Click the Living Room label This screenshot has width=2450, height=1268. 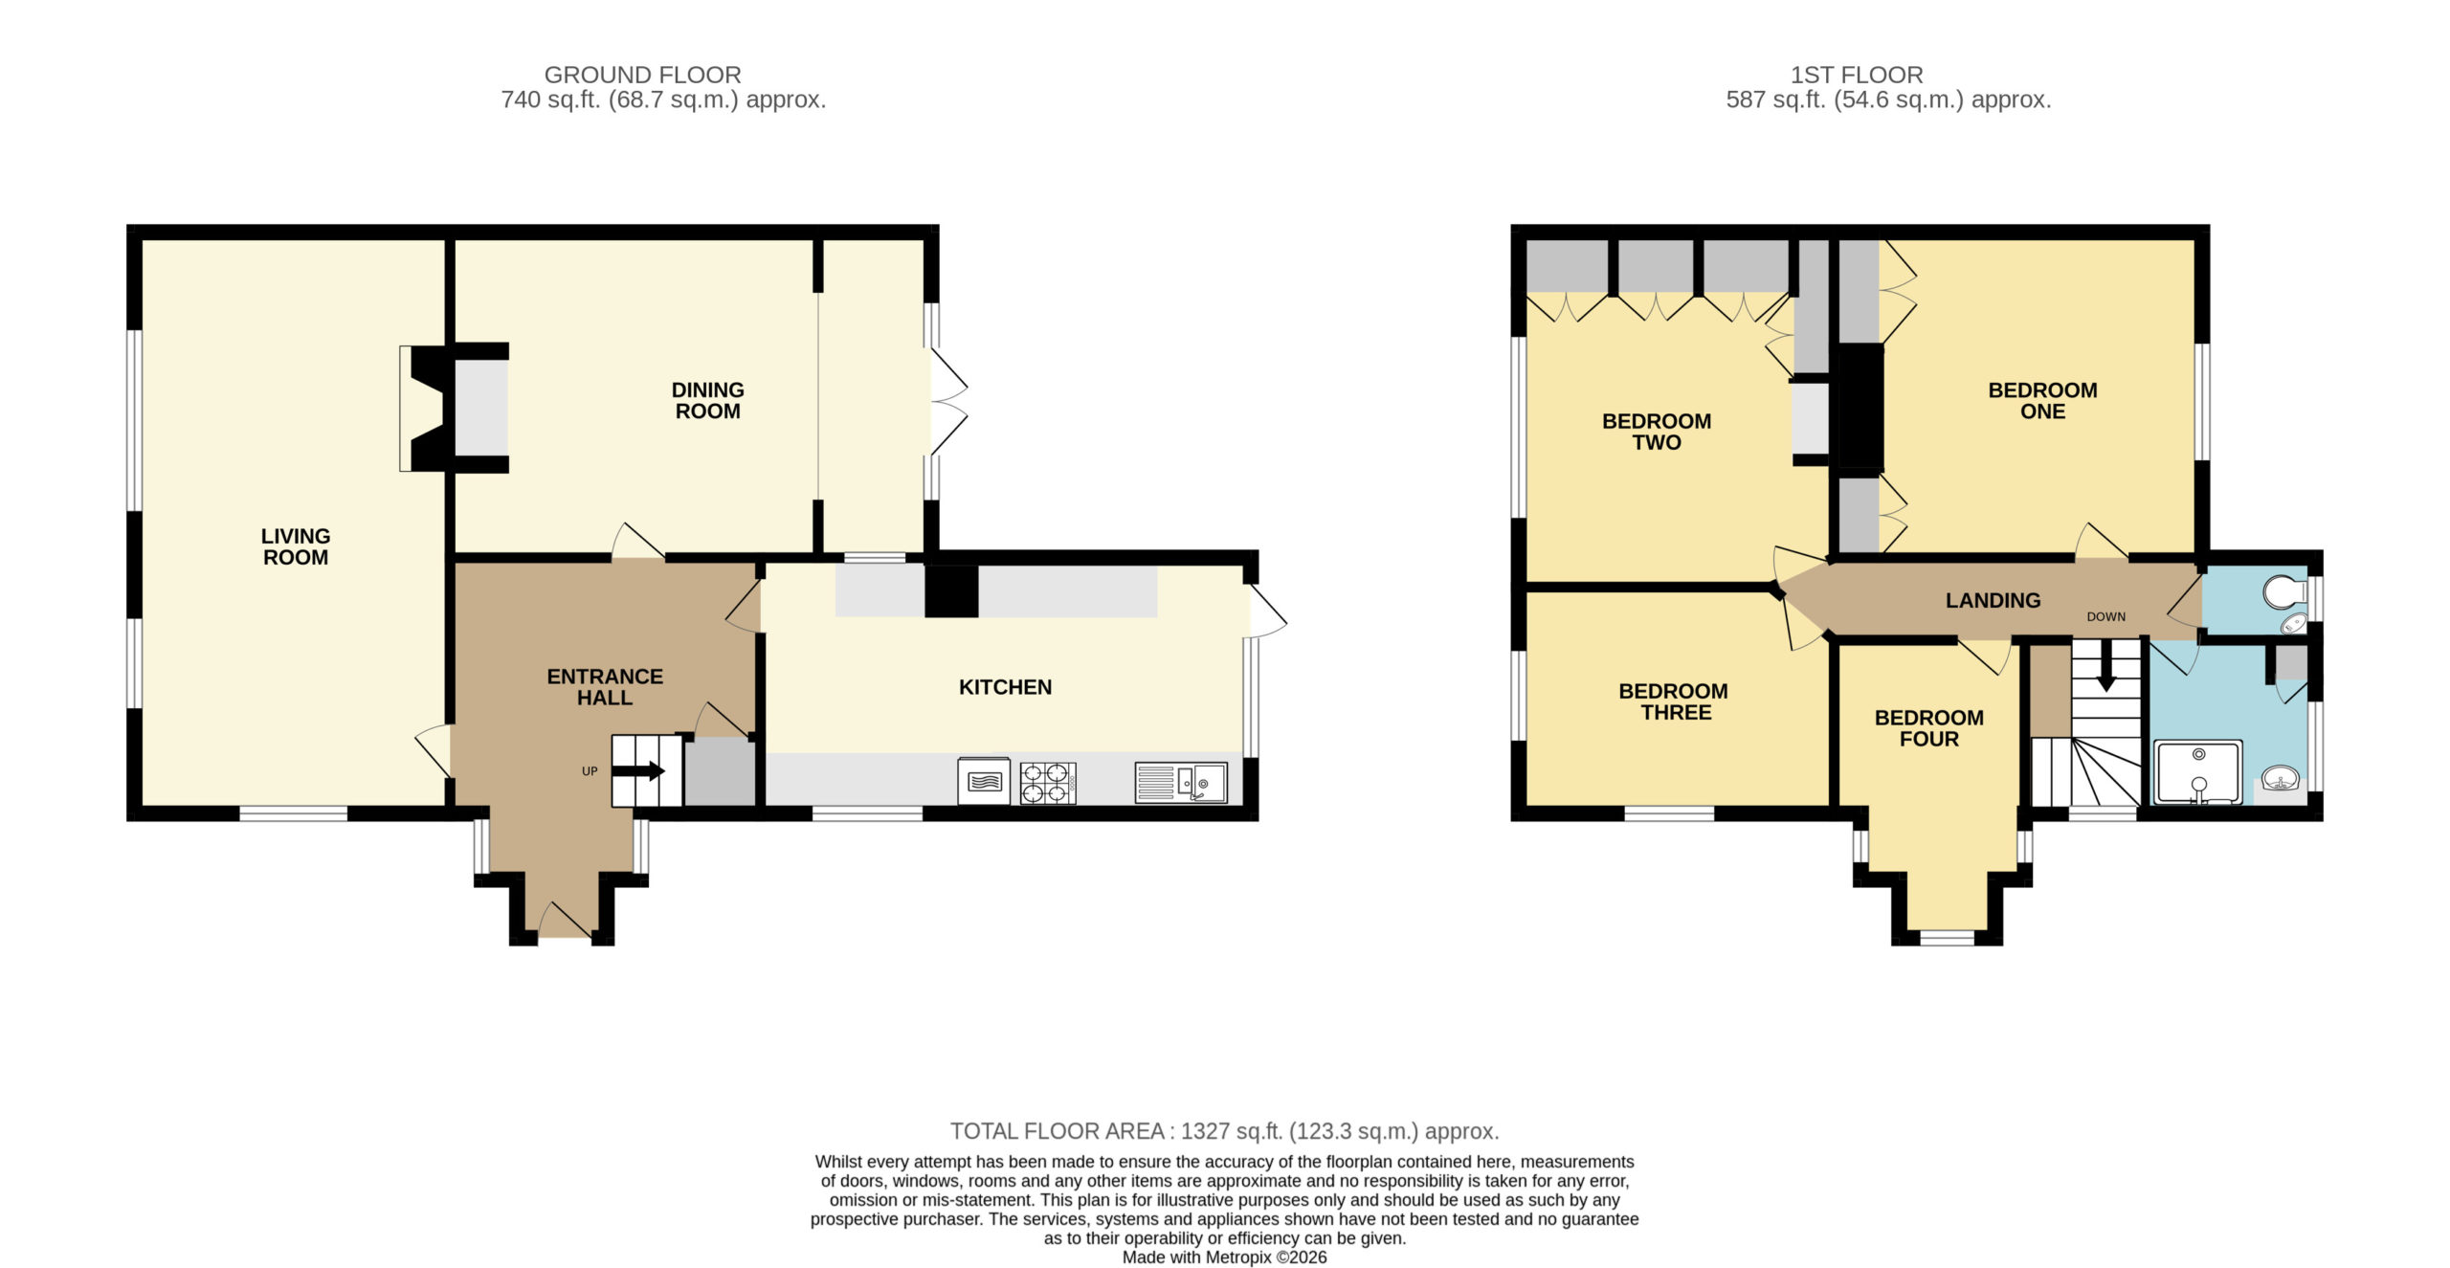[x=296, y=546]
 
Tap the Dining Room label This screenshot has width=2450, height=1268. [x=707, y=400]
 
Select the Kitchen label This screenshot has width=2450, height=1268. [x=1005, y=687]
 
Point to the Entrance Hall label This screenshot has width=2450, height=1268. [x=605, y=687]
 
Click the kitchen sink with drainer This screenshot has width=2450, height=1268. [x=1181, y=783]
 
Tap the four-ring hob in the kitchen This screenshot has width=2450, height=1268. [x=1048, y=783]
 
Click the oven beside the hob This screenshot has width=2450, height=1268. [x=984, y=782]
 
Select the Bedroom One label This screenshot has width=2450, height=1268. [x=2042, y=400]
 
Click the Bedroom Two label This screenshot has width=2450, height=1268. [x=1657, y=432]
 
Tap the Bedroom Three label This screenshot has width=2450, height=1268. [x=1673, y=701]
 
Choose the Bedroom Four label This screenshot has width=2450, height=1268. [x=1928, y=728]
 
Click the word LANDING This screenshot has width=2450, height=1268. [x=1993, y=600]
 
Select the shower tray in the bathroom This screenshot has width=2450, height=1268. [x=2197, y=772]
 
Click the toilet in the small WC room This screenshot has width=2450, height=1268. [x=2285, y=592]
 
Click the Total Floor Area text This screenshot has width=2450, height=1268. [x=1224, y=1131]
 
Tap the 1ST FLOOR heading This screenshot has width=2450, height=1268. [x=1856, y=75]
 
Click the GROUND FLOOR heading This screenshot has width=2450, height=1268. [x=642, y=75]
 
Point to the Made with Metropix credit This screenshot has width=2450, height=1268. [x=1224, y=1257]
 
